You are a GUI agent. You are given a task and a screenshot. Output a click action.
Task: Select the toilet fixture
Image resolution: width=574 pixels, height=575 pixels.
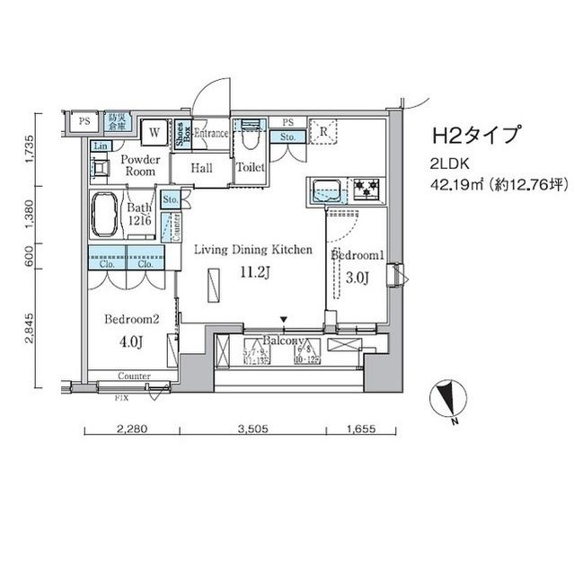[249, 136]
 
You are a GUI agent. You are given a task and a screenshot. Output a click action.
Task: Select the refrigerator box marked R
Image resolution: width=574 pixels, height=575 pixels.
[322, 131]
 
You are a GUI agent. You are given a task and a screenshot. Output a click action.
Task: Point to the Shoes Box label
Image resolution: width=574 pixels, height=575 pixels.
[181, 133]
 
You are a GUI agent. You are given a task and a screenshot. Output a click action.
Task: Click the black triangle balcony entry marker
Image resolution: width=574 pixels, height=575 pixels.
[285, 319]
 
